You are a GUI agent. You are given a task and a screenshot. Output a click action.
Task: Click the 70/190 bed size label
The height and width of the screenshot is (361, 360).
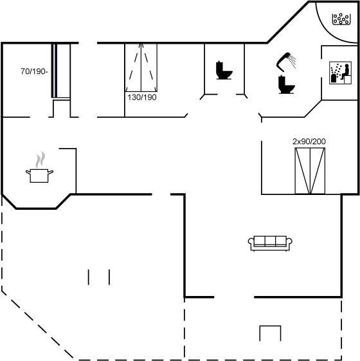34,71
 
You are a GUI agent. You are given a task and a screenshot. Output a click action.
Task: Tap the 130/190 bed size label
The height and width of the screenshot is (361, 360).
142,97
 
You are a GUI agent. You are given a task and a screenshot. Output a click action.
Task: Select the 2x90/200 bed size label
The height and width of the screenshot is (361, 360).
309,142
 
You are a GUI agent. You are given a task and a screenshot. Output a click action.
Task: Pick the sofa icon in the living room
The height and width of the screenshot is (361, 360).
270,243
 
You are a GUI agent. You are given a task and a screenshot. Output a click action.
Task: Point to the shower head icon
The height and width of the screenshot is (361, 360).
283,61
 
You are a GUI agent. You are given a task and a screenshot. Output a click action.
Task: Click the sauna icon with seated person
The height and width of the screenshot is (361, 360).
340,73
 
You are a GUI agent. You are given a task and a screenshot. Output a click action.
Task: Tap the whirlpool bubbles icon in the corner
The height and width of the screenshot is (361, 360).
341,19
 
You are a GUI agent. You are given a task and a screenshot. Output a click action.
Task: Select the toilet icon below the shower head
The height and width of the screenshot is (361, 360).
286,84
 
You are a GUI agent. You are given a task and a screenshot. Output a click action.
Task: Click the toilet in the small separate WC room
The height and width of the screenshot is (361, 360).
224,70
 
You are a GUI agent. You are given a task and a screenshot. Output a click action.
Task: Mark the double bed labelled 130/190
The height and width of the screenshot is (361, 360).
141,68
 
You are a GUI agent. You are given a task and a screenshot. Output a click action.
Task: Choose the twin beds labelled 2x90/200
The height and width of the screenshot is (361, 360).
310,171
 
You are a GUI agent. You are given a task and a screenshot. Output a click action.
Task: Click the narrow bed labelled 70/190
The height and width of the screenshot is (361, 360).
60,71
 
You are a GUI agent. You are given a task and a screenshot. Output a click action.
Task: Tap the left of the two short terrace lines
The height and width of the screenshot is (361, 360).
88,277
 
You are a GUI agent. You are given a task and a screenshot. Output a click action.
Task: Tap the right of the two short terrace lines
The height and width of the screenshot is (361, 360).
109,277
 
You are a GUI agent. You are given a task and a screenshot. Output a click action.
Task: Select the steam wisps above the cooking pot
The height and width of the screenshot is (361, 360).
40,160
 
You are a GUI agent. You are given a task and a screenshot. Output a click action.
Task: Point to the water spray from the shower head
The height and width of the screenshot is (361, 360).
292,61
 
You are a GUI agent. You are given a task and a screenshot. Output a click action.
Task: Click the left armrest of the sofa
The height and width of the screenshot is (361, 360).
251,242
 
